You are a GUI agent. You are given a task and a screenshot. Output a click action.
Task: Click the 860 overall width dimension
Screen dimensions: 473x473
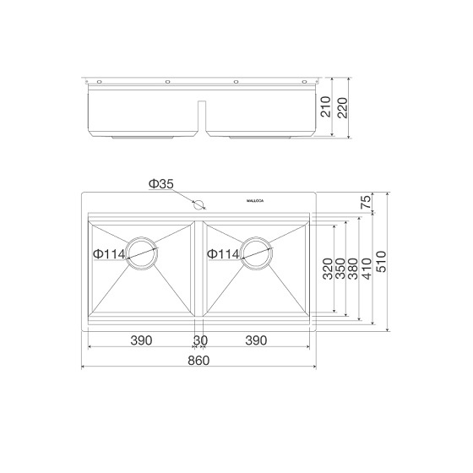tap(198, 360)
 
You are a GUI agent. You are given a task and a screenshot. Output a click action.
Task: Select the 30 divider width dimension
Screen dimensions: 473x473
tap(200, 340)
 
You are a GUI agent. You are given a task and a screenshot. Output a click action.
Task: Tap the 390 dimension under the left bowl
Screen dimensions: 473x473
tap(141, 340)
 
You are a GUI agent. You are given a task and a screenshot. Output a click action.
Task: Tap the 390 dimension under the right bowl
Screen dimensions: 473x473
tap(256, 340)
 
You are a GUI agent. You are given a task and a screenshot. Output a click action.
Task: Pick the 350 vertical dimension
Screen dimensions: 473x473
tap(340, 269)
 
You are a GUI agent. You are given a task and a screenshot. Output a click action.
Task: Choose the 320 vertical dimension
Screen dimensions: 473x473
tap(327, 269)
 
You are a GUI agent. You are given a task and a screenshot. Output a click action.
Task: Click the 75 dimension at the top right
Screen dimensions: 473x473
tap(366, 202)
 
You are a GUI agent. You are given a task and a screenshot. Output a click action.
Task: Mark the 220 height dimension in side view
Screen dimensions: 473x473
tap(342, 106)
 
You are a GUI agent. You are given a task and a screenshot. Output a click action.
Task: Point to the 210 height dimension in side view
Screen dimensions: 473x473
tap(326, 108)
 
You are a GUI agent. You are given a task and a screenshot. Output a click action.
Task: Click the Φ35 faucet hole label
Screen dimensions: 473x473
tap(160, 183)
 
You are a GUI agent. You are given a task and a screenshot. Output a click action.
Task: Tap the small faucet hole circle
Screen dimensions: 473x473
tap(199, 204)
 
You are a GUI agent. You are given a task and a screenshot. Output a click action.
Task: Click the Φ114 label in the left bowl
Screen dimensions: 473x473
tap(109, 253)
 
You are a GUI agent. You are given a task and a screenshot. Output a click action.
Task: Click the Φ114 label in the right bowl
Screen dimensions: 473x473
tap(223, 253)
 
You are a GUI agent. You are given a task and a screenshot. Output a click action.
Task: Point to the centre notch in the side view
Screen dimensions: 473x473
tap(200, 117)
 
